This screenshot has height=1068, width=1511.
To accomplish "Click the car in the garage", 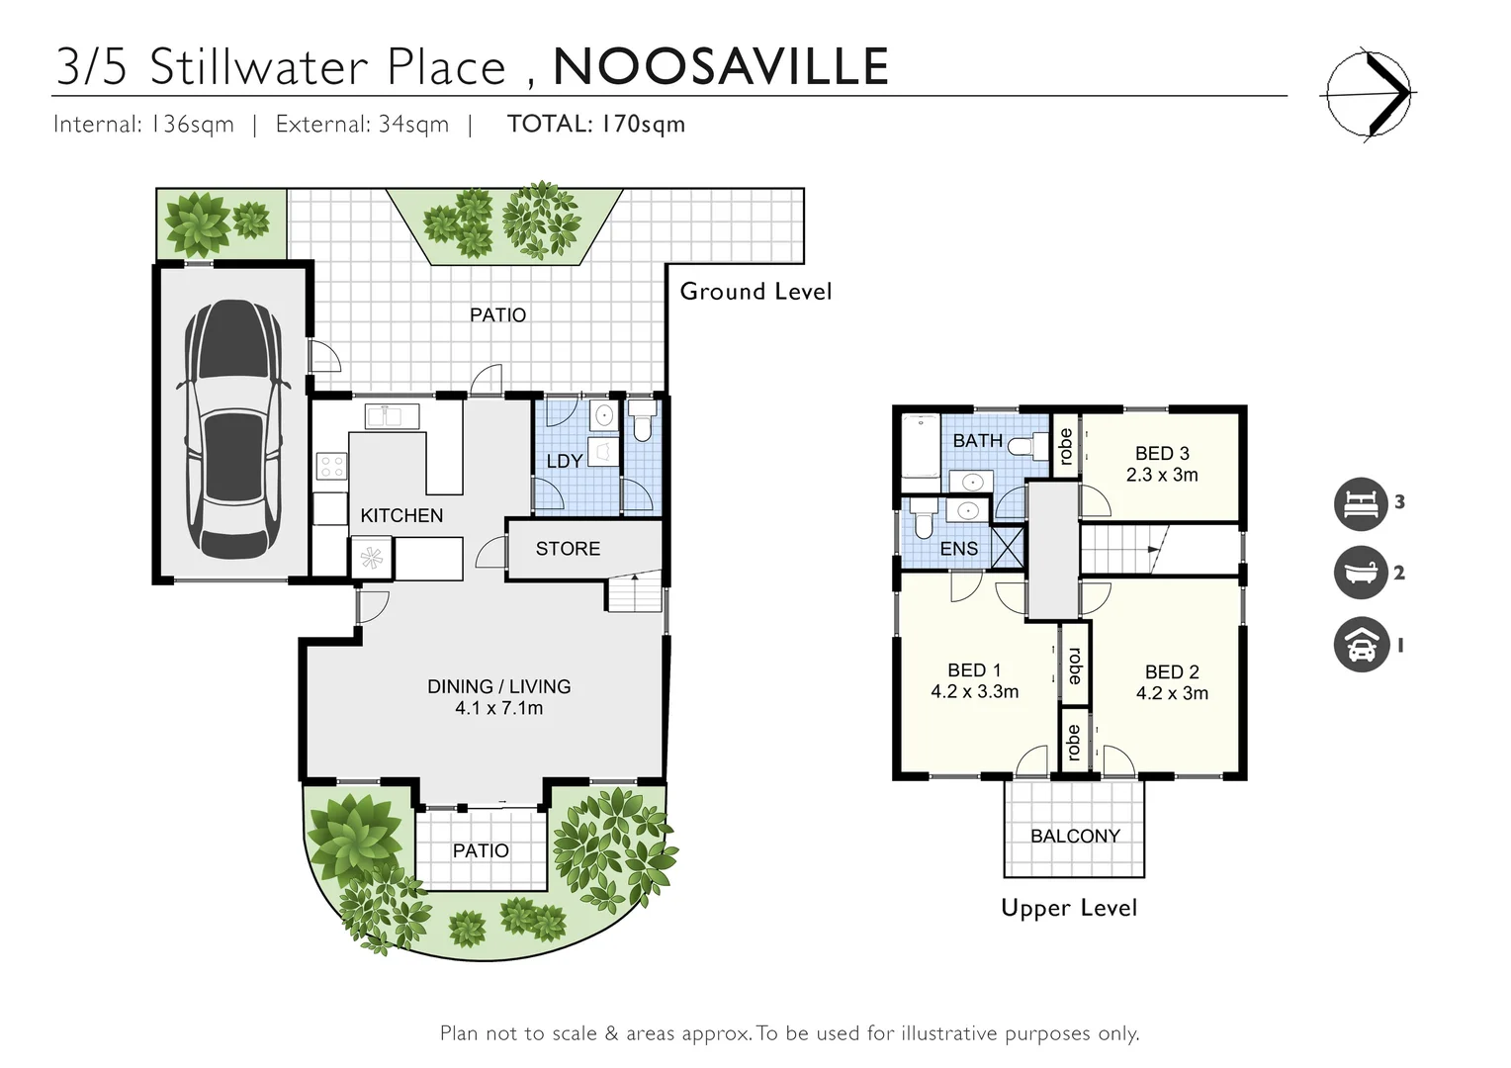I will [232, 429].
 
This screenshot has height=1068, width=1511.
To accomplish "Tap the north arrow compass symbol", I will [1369, 94].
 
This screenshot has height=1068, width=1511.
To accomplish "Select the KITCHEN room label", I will [401, 515].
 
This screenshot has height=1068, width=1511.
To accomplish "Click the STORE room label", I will [568, 549].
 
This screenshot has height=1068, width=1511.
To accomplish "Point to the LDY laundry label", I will [564, 461].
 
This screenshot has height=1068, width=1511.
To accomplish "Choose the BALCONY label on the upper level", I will [1075, 836].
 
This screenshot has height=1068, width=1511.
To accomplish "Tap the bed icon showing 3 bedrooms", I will [1361, 503].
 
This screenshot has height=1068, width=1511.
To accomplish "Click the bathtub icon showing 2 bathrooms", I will [1361, 573].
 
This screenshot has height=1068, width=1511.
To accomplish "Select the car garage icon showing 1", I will [1361, 645].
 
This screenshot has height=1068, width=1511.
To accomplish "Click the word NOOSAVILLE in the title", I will [721, 66].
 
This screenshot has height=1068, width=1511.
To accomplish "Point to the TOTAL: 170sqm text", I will [595, 124].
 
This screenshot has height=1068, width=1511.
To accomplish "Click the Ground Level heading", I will [755, 292].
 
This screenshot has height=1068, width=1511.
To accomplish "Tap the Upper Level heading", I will [1069, 908].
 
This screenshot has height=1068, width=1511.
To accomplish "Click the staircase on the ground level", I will [633, 592].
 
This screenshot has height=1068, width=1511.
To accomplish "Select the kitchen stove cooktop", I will [330, 466].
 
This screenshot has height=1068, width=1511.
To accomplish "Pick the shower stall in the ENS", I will [1008, 548].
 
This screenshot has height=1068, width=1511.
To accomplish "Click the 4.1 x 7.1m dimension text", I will [498, 708].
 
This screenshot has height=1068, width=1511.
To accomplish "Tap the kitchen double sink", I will [392, 416].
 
